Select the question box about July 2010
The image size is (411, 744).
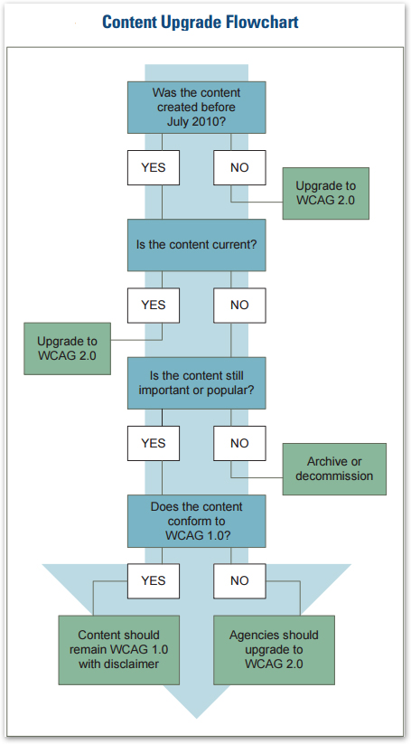coord(197,107)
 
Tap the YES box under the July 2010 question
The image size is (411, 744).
coord(154,168)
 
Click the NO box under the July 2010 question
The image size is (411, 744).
coord(239,168)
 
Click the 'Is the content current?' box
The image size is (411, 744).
coord(197,245)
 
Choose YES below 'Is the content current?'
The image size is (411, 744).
coord(154,306)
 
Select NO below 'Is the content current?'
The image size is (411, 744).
coord(239,306)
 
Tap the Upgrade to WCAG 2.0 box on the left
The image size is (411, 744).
coord(67,349)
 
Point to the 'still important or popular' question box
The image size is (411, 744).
coord(197,382)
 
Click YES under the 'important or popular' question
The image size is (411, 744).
coord(154,444)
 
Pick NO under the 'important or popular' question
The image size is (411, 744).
coord(239,444)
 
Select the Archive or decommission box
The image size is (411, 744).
coord(334,469)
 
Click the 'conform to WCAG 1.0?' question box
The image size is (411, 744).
coord(197,521)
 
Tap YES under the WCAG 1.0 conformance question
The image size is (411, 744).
coord(154,580)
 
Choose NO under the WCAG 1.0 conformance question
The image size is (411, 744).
coord(239,580)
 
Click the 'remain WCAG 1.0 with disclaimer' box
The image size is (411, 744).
coord(118,650)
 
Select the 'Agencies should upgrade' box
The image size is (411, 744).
coord(274,650)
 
